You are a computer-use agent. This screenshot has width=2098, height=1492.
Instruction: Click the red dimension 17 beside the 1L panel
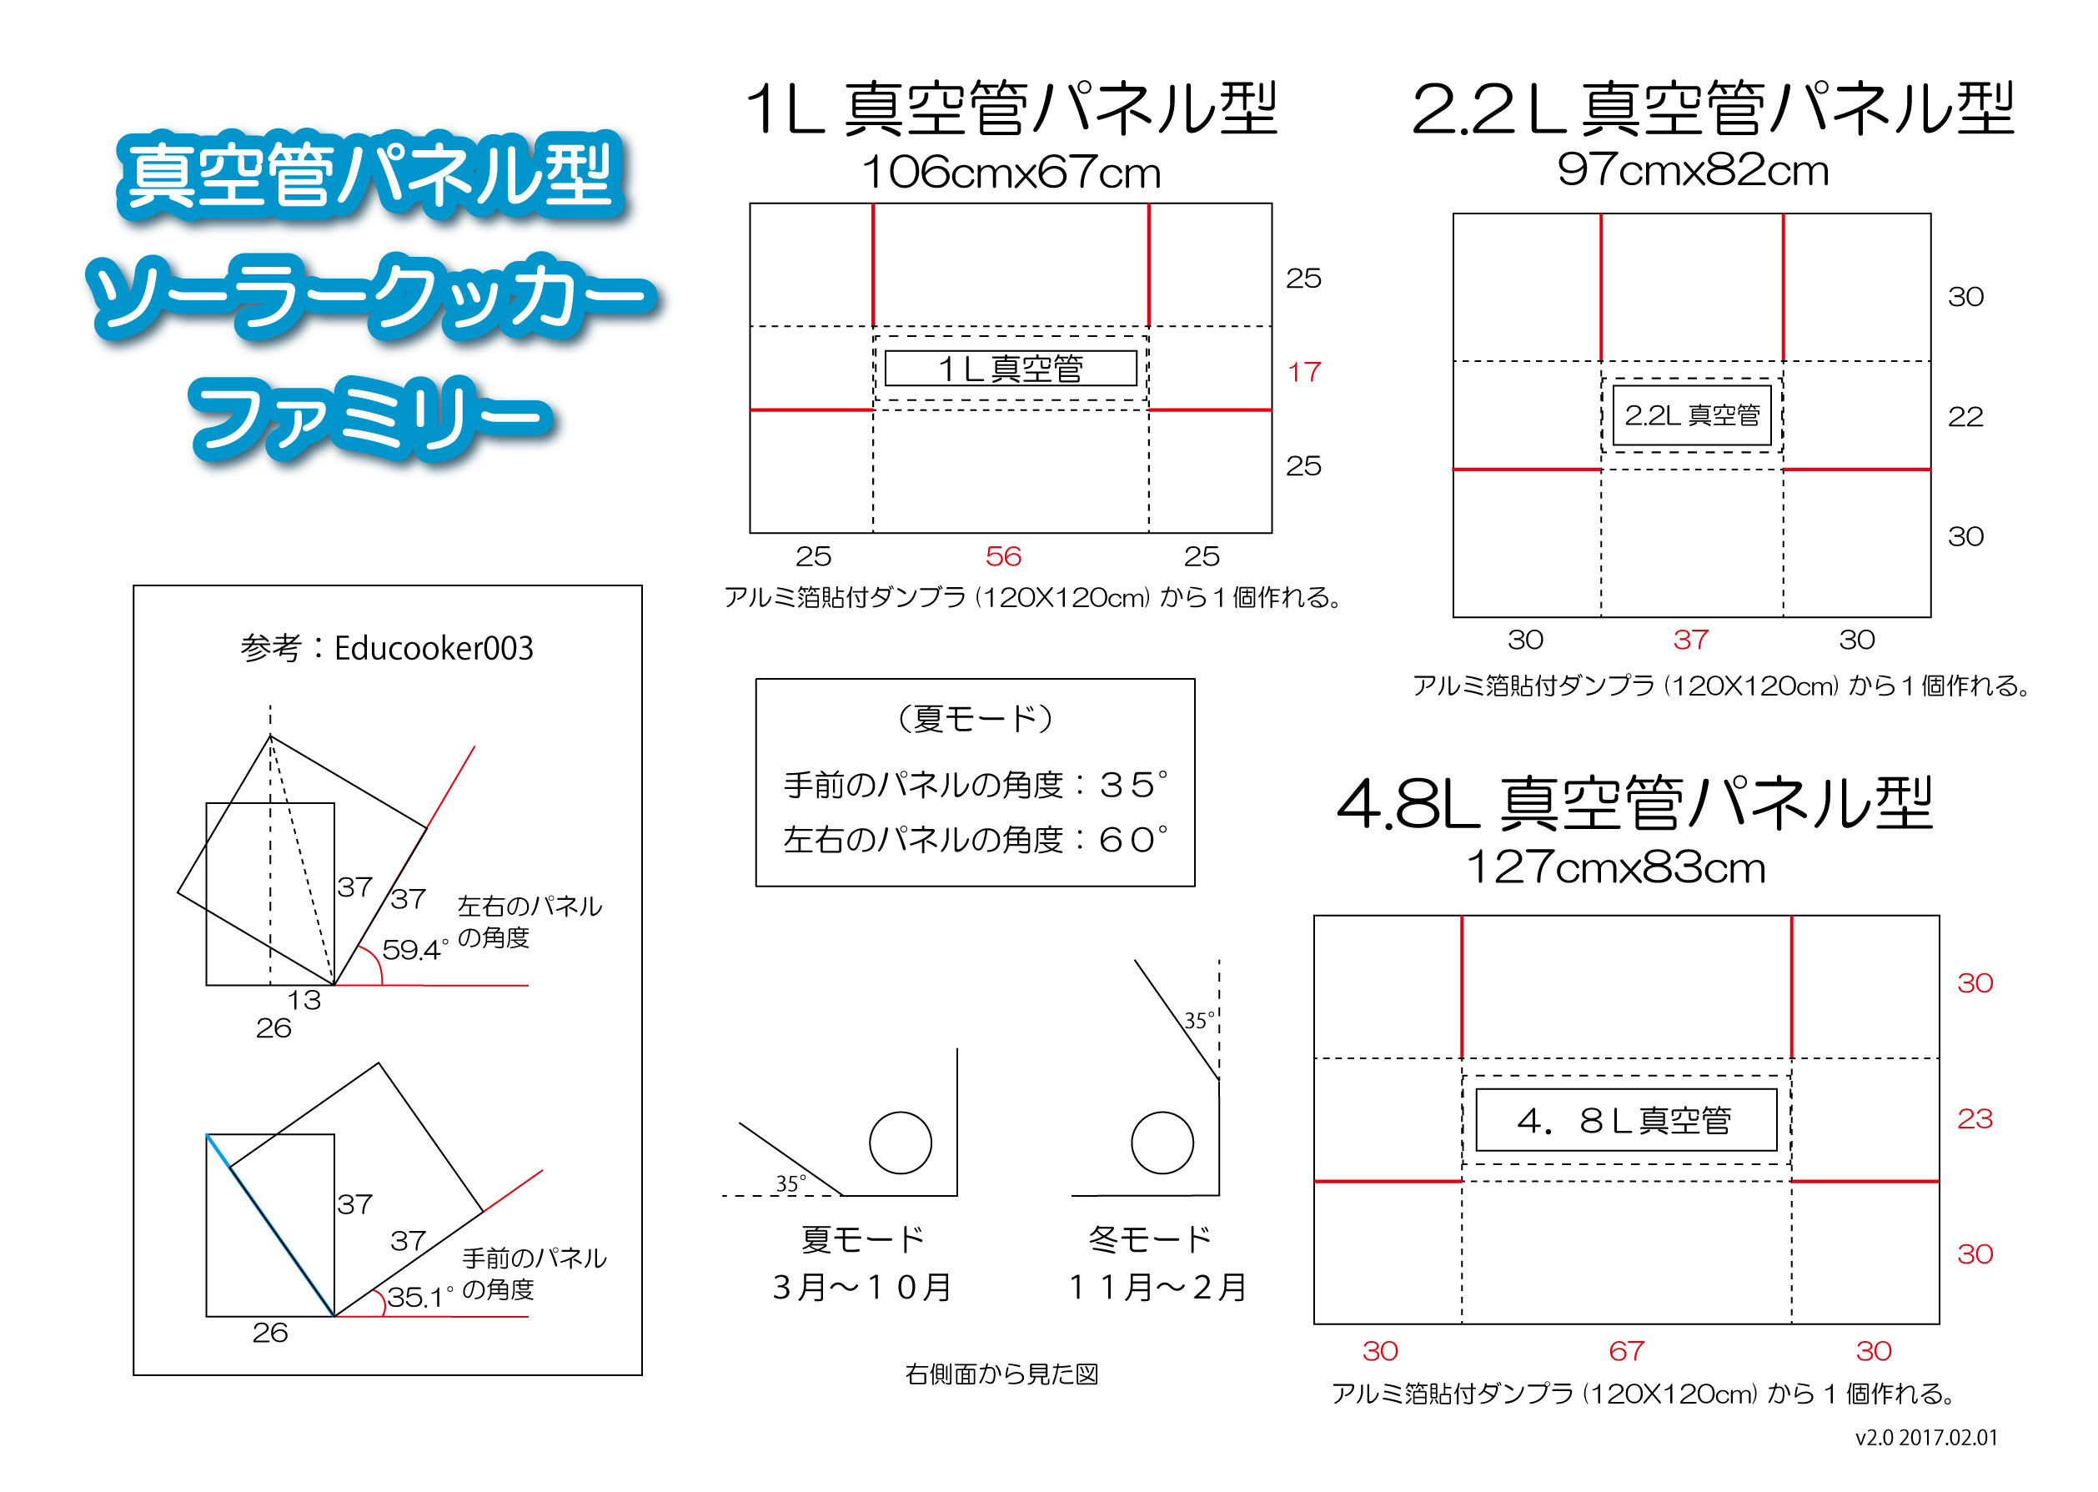(1303, 372)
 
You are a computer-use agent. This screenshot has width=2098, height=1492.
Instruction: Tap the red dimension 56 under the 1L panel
(1003, 555)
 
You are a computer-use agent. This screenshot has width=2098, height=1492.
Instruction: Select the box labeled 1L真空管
(1011, 369)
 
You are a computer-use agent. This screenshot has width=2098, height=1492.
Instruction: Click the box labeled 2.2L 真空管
(1692, 415)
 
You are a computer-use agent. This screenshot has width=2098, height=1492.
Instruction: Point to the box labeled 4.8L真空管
(1626, 1120)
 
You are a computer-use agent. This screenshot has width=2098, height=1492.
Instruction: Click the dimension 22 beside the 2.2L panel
(1965, 417)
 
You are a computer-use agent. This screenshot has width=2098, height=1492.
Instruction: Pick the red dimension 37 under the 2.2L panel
(1691, 640)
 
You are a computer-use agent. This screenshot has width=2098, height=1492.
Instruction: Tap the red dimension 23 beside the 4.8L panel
(1975, 1119)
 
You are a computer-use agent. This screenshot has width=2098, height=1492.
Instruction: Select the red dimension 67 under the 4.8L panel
(1626, 1350)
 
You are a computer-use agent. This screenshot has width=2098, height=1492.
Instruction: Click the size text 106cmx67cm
(1011, 172)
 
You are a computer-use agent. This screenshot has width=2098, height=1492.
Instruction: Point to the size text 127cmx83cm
(1616, 867)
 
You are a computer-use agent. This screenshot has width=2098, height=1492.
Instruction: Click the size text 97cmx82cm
(1693, 170)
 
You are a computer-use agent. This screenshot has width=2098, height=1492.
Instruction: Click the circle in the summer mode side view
(901, 1143)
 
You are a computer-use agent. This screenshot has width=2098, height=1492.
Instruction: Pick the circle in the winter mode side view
(1162, 1143)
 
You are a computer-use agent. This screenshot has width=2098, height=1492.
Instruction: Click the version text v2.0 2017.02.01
(1926, 1438)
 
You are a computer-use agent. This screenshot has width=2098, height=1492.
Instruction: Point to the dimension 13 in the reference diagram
(304, 1000)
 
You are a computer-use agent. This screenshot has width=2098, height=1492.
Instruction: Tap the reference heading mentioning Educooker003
(387, 648)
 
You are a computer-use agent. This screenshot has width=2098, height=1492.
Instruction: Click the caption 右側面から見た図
(1001, 1374)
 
